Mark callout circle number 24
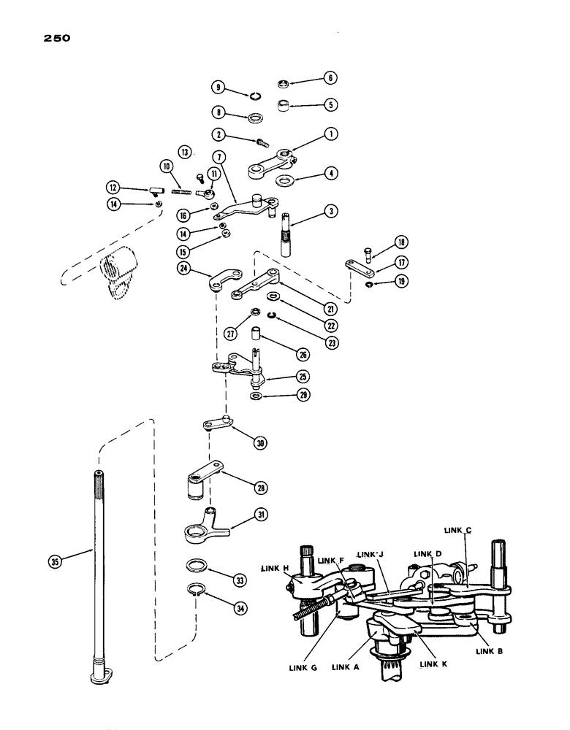(x=186, y=268)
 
